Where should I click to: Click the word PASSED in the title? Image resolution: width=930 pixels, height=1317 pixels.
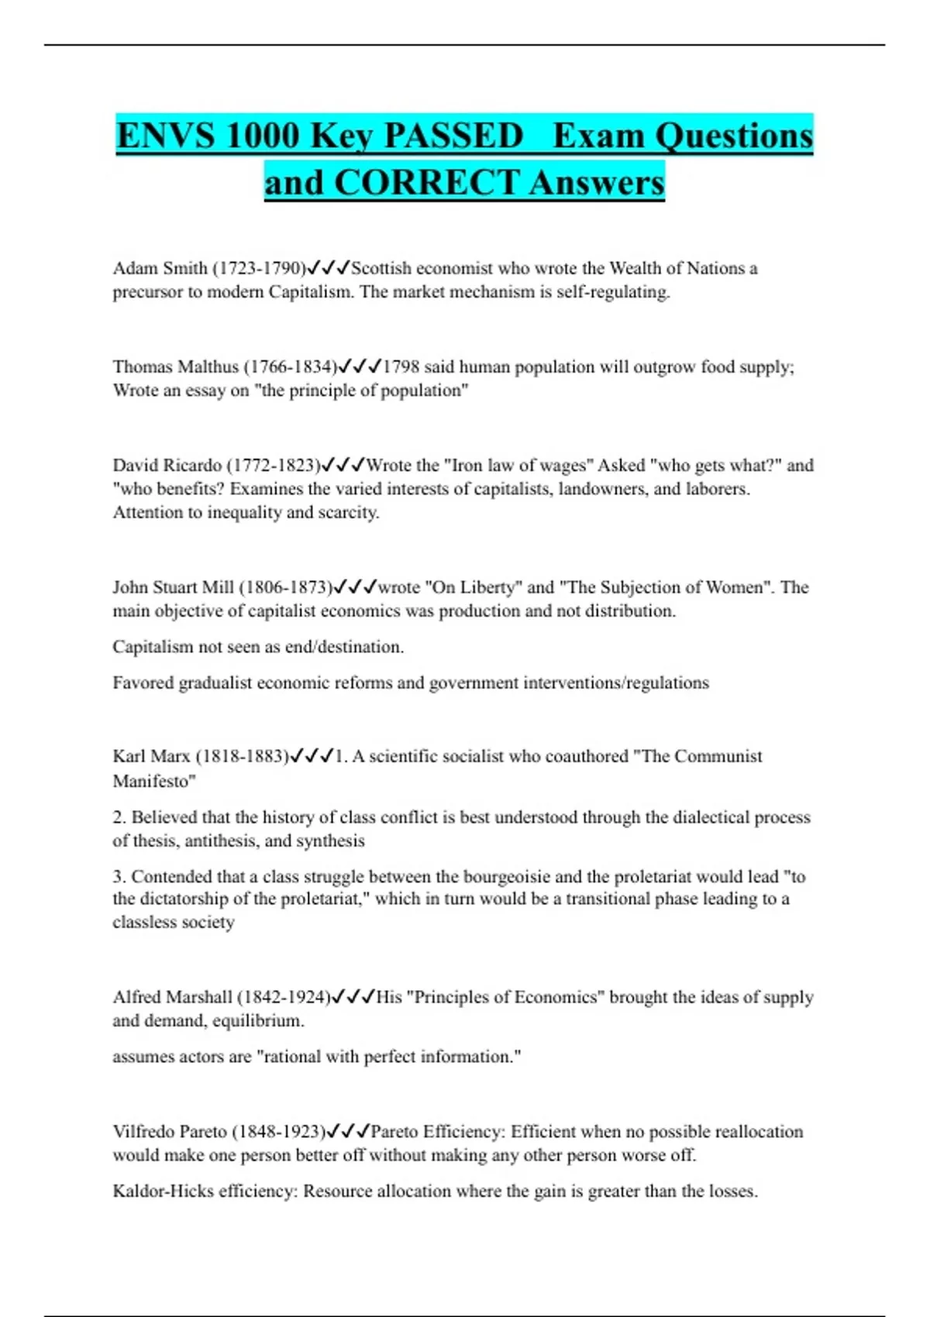(x=453, y=136)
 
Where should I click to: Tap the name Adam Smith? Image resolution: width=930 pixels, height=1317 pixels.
(x=160, y=269)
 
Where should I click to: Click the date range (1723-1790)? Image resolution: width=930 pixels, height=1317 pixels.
(x=259, y=269)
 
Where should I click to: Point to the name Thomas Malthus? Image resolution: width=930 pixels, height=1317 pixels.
(x=175, y=367)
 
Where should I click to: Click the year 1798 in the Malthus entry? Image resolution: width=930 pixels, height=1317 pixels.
(x=401, y=367)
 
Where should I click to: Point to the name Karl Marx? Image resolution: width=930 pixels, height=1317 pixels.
(x=151, y=757)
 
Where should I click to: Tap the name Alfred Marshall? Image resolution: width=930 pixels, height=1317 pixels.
(x=172, y=998)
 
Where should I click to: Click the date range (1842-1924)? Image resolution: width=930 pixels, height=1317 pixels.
(x=284, y=998)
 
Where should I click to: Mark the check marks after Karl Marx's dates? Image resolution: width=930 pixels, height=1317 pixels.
(x=312, y=757)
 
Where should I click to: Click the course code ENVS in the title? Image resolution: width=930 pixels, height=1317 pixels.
(x=165, y=136)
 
